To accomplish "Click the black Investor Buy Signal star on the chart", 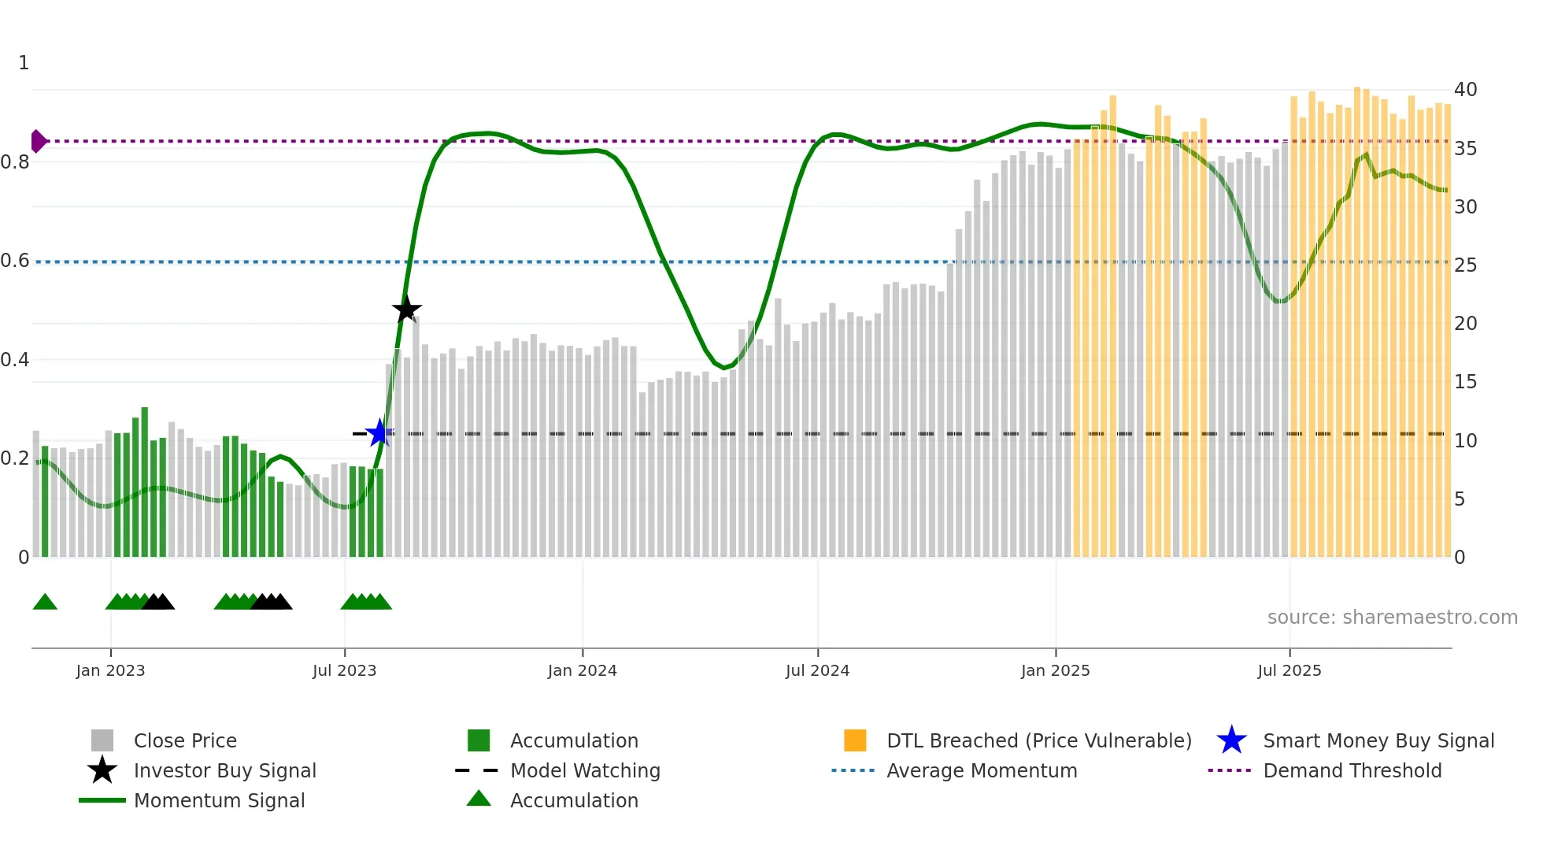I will coord(406,310).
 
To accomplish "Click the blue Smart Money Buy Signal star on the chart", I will coord(379,432).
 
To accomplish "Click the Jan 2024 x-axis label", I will coord(582,670).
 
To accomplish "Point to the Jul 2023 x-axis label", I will coord(344,670).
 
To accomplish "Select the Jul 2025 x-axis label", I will coord(1289,670).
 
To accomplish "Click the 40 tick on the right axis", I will coord(1465,90).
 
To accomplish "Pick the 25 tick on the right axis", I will coord(1465,265).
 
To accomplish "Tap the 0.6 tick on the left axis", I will coord(15,261).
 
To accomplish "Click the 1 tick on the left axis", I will coord(24,63).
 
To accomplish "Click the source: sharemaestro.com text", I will coord(1392,617).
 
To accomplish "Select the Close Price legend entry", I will coord(185,740).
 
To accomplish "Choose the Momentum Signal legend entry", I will coord(219,800).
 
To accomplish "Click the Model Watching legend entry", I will coord(585,770).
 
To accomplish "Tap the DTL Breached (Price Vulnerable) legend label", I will coord(1038,740).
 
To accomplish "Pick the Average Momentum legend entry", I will coord(982,770).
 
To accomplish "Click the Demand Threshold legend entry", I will coord(1352,770).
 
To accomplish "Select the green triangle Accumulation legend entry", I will coord(574,800).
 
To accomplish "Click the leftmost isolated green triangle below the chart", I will coord(45,603).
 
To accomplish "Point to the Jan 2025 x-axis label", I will coord(1055,670).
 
